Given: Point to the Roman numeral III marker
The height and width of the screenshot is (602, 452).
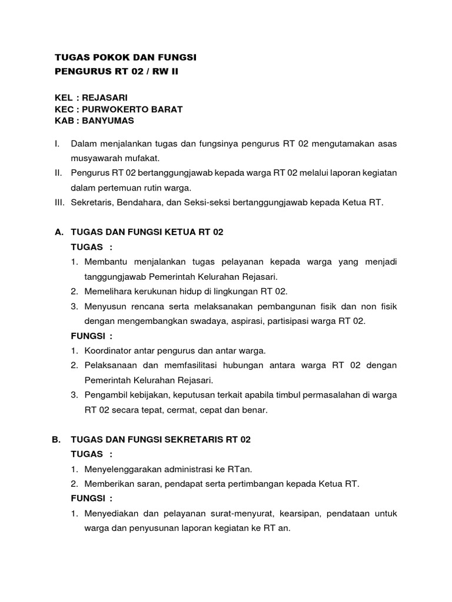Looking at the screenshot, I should [59, 203].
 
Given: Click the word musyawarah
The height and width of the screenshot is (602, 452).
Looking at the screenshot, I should [97, 158].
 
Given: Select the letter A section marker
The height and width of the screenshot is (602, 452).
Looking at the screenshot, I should [58, 232].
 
